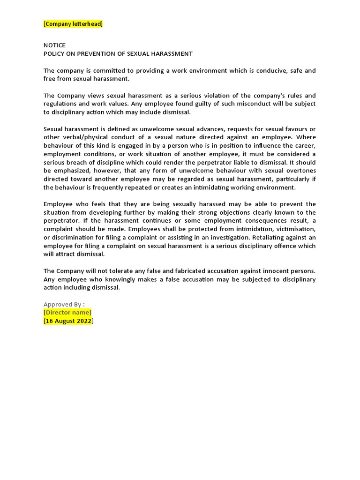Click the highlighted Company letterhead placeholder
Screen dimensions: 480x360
tap(73, 24)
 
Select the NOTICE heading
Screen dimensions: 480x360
tap(54, 45)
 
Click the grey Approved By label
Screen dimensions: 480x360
tap(64, 304)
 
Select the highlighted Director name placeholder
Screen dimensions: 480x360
tap(67, 313)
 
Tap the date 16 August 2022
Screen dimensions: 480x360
tap(68, 321)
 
